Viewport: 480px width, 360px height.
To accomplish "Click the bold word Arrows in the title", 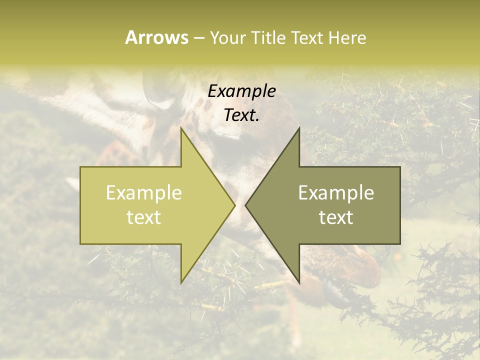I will pos(156,37).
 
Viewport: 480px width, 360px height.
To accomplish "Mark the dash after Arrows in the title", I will pos(198,38).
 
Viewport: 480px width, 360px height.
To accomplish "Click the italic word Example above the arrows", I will pos(241,91).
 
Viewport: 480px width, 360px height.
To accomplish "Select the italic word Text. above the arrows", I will pos(241,115).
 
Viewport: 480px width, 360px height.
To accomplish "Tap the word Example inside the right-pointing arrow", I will pos(144,193).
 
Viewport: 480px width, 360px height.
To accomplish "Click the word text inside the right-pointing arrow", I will pos(144,217).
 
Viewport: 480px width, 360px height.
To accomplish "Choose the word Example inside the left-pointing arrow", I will pos(336,193).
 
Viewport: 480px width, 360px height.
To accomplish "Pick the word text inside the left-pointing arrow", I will pos(336,217).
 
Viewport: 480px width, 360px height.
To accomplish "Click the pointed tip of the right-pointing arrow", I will pos(234,205).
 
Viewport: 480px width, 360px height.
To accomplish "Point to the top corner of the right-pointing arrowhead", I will pos(181,128).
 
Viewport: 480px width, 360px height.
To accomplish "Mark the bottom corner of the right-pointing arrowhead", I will pos(181,282).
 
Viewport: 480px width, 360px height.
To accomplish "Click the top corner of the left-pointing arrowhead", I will pos(299,128).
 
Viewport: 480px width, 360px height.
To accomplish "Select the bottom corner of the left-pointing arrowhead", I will pos(299,282).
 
